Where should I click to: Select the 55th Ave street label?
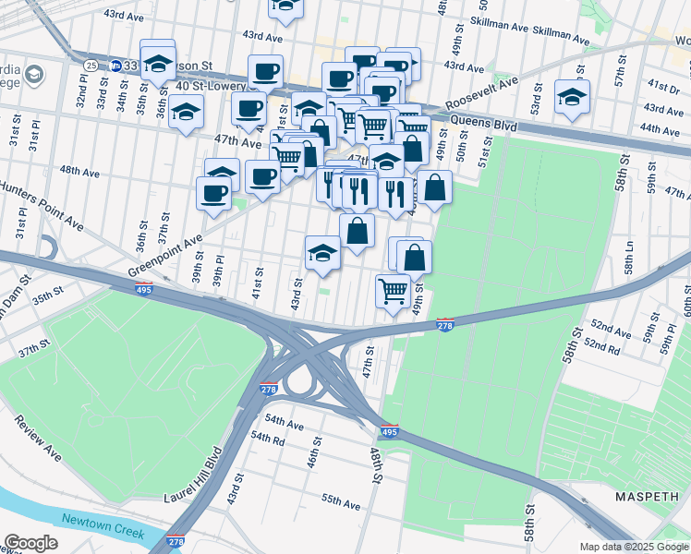[340, 504]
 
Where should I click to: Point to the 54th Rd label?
[266, 438]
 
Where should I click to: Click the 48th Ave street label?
[79, 172]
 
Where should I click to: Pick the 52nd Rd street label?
[601, 347]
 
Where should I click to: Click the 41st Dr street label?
[662, 85]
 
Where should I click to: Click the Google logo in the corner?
[31, 542]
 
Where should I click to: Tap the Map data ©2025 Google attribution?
[633, 547]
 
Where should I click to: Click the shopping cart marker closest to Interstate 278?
[394, 291]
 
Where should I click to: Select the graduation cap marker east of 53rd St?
[572, 97]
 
